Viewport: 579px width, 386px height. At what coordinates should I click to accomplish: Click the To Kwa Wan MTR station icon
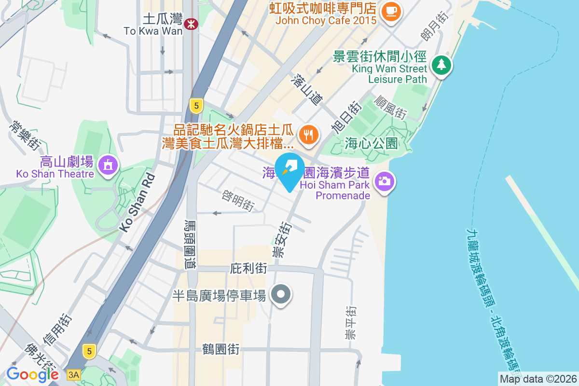tap(191, 23)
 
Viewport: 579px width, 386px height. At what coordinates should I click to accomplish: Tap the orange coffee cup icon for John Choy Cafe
tap(390, 11)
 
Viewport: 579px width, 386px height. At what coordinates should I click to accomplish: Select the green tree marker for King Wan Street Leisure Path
tap(441, 65)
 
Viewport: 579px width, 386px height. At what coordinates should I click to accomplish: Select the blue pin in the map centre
tap(289, 170)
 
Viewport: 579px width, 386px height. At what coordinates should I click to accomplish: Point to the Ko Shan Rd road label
tap(138, 203)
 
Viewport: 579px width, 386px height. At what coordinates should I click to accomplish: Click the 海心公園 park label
tap(371, 143)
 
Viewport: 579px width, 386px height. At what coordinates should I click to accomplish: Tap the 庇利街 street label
tap(249, 267)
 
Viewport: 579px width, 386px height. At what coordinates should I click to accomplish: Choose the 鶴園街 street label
tap(221, 349)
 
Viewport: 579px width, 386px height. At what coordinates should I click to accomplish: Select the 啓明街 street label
tap(238, 200)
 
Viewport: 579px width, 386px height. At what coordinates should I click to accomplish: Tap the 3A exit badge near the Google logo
tap(73, 374)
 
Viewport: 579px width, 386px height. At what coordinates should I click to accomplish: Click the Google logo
tap(32, 374)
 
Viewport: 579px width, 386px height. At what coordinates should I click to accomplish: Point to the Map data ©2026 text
tap(538, 379)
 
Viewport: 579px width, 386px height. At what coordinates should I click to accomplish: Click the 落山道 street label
tap(307, 90)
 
